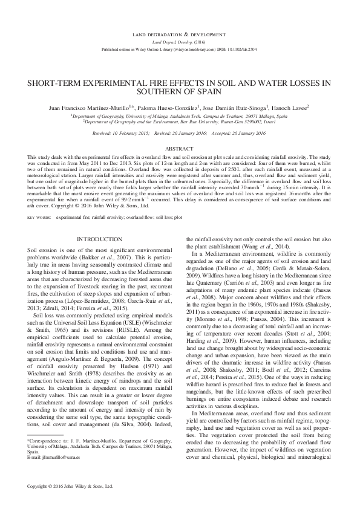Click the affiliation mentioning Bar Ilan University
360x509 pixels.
click(x=180, y=121)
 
